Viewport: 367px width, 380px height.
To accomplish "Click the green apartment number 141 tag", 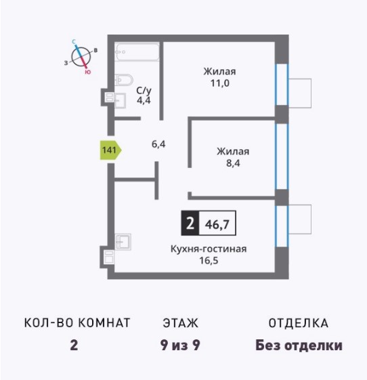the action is pyautogui.click(x=110, y=150).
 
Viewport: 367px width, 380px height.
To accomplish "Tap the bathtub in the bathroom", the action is pyautogui.click(x=137, y=51).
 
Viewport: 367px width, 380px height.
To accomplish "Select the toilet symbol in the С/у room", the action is pyautogui.click(x=124, y=79).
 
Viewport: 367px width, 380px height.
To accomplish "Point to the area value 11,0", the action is pyautogui.click(x=219, y=83).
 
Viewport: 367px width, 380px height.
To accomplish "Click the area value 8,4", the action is pyautogui.click(x=233, y=163).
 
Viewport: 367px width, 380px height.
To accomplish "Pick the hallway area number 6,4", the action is pyautogui.click(x=158, y=144).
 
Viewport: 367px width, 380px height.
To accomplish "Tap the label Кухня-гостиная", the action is pyautogui.click(x=209, y=249).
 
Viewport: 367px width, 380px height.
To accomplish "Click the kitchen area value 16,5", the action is pyautogui.click(x=209, y=261).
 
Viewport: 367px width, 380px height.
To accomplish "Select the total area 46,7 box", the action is pyautogui.click(x=217, y=224).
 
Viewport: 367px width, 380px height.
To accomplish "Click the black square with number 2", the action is pyautogui.click(x=190, y=224).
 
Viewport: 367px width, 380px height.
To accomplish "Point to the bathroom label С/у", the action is pyautogui.click(x=144, y=90).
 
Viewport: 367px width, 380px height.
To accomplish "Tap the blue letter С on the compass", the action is pyautogui.click(x=74, y=42).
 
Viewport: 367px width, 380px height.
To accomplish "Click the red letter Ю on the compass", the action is pyautogui.click(x=88, y=72).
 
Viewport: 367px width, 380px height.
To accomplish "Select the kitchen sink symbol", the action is pyautogui.click(x=123, y=242).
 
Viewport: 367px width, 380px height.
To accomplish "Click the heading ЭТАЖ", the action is pyautogui.click(x=181, y=323).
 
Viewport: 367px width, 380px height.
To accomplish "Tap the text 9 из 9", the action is pyautogui.click(x=180, y=345).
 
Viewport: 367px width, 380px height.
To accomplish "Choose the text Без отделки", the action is pyautogui.click(x=299, y=345).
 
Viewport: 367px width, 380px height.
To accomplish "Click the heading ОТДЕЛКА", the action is pyautogui.click(x=299, y=323).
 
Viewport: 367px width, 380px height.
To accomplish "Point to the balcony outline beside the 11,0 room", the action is pyautogui.click(x=300, y=93).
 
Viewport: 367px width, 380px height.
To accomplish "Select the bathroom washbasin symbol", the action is pyautogui.click(x=120, y=100).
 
